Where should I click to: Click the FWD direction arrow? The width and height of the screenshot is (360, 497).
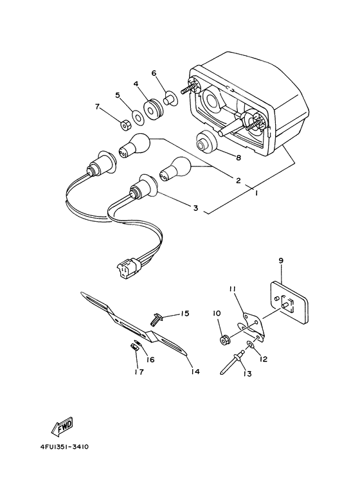coord(63,426)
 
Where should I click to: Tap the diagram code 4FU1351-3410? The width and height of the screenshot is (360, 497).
coord(64,447)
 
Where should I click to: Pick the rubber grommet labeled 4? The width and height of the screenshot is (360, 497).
coord(153,110)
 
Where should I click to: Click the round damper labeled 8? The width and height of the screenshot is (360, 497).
coord(206,141)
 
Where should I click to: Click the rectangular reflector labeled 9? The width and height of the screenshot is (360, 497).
coord(289,302)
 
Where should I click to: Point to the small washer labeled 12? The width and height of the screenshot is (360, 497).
coord(251,344)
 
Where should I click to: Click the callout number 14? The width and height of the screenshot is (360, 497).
coord(195,371)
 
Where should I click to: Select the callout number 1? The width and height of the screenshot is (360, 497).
coord(256,193)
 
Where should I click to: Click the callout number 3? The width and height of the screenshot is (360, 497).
coord(195,208)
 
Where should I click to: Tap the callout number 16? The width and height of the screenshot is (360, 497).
coord(150,360)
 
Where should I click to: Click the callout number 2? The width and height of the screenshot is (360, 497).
coord(239,181)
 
